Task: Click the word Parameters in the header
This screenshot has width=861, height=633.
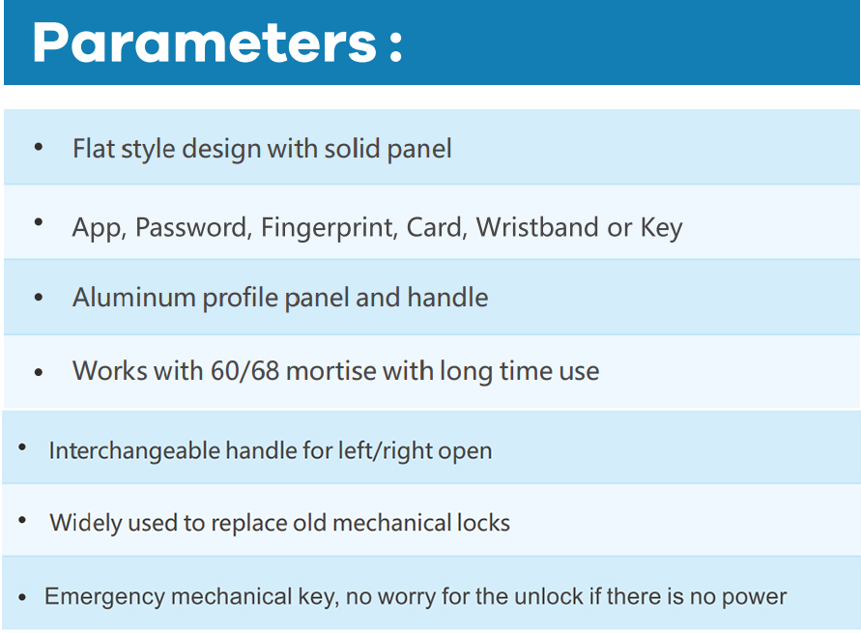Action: click(x=204, y=43)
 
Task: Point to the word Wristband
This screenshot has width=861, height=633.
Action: click(x=537, y=227)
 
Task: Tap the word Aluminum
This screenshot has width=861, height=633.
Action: click(x=134, y=298)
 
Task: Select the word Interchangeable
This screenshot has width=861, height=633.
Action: click(x=134, y=450)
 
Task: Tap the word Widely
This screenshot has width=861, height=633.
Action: click(x=86, y=523)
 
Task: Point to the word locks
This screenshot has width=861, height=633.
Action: click(x=483, y=523)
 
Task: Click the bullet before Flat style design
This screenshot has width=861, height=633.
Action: click(x=39, y=147)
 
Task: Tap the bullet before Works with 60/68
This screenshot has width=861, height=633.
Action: click(x=39, y=372)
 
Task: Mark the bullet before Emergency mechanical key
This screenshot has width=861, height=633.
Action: click(x=22, y=597)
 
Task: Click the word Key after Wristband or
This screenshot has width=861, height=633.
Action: click(x=661, y=227)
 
